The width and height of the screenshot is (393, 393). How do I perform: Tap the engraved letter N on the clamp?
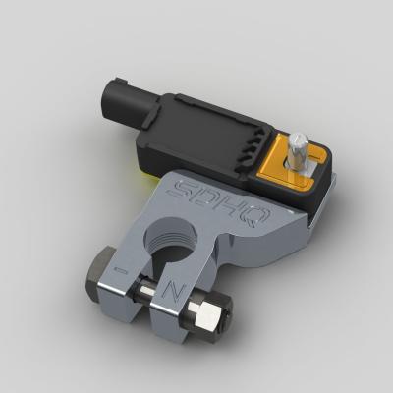coord(173,291)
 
